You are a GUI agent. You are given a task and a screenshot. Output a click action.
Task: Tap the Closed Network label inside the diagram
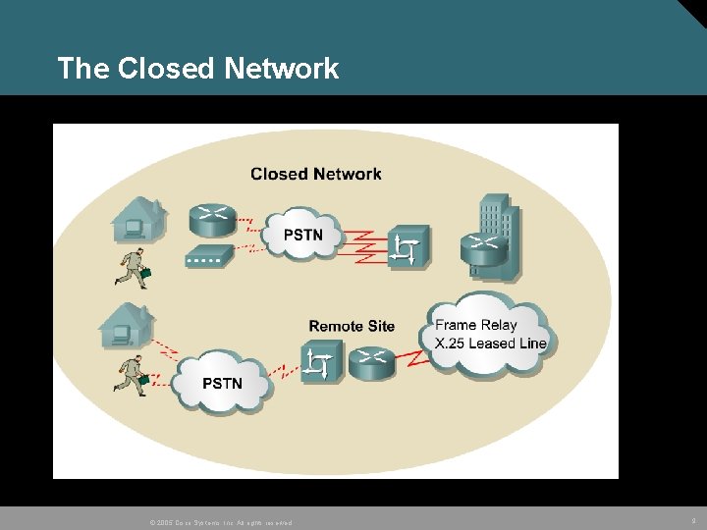(315, 174)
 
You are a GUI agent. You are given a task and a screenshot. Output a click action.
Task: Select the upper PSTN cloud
(301, 234)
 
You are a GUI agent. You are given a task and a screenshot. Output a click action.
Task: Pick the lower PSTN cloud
(222, 380)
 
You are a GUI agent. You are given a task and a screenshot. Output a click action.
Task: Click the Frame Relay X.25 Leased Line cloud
(489, 334)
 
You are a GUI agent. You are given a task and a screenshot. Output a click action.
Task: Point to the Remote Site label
(352, 326)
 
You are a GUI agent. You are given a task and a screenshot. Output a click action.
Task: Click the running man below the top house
(131, 269)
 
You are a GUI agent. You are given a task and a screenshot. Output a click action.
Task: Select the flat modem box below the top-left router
(209, 257)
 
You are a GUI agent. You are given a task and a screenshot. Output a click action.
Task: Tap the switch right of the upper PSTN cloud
(408, 247)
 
